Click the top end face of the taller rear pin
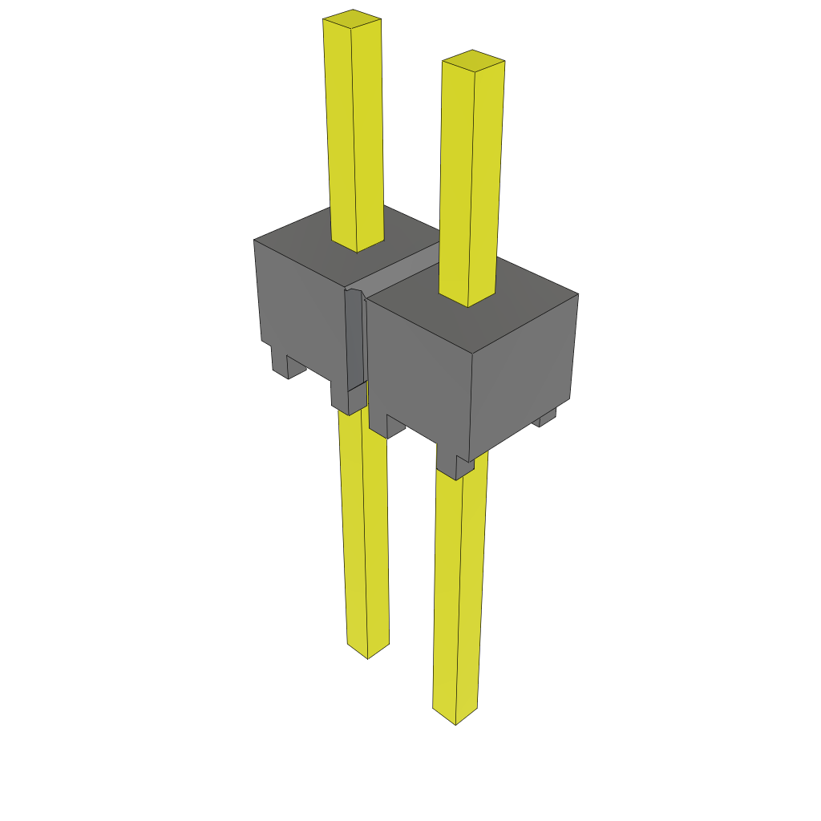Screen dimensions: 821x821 click(x=352, y=18)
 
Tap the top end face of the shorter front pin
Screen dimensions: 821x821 click(x=473, y=61)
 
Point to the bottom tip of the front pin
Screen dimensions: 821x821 click(x=455, y=716)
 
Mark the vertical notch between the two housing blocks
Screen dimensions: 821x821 click(x=354, y=337)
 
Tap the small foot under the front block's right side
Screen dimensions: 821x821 click(x=547, y=417)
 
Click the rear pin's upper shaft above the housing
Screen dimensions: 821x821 click(x=354, y=128)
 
